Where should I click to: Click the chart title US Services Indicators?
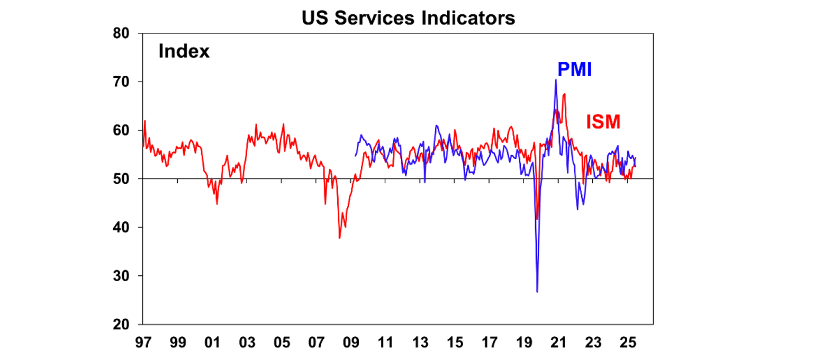point(408,18)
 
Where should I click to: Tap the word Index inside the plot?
point(184,52)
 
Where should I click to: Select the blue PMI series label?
point(574,69)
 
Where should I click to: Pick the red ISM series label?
point(603,122)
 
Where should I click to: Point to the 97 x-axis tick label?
point(143,342)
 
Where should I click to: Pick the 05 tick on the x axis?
point(281,342)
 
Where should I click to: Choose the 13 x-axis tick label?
point(420,342)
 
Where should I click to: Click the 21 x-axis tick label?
point(558,342)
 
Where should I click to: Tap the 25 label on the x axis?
point(627,342)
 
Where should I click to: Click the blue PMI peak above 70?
point(556,80)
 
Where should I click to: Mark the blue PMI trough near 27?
point(537,291)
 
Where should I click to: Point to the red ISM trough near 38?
point(339,238)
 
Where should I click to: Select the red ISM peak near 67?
point(565,94)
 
